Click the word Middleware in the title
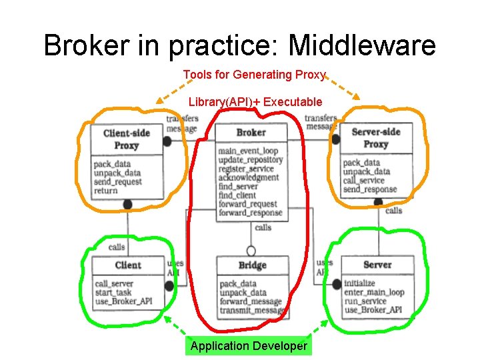pos(362,45)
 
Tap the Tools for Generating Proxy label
pos(254,75)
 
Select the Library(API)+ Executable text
pos(255,102)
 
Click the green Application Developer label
pos(249,345)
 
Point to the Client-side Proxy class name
pos(126,139)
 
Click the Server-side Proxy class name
pos(375,137)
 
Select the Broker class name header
pos(251,133)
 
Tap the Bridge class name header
pos(253,265)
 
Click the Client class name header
pos(127,265)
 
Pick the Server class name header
pos(377,265)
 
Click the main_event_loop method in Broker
pos(247,151)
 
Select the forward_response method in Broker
pos(250,213)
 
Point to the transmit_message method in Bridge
pos(253,311)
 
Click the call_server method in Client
pos(114,283)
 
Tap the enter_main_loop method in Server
pos(374,292)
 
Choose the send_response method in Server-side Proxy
pos(369,190)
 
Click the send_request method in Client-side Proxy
pos(118,181)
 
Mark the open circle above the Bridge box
pos(251,251)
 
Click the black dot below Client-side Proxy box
pos(127,205)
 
